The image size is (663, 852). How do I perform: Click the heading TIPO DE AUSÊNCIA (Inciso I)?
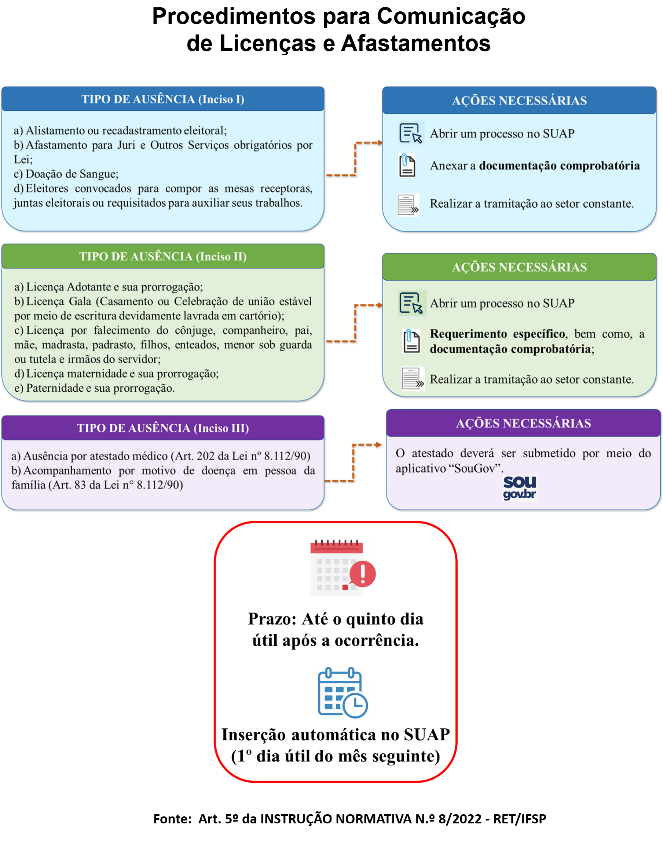[162, 99]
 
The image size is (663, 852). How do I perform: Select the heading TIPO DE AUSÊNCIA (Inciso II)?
[162, 256]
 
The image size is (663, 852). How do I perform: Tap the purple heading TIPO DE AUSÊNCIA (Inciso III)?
[162, 428]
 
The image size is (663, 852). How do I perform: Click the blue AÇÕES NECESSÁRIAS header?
[519, 100]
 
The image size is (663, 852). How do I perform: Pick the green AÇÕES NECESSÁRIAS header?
[519, 267]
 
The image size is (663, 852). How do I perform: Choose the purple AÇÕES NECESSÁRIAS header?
[523, 423]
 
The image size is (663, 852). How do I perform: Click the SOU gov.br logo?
[520, 488]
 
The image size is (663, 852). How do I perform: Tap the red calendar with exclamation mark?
[343, 567]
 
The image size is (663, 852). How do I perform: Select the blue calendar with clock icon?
[343, 692]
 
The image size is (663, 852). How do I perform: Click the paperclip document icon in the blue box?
[407, 165]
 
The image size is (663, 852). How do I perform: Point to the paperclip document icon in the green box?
[411, 341]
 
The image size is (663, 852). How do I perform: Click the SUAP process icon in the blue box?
[411, 133]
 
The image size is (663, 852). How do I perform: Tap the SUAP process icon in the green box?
[411, 303]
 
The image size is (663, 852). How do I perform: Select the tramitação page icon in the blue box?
[408, 205]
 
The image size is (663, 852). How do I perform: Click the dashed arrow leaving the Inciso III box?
[354, 462]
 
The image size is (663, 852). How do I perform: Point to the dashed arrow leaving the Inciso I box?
[355, 159]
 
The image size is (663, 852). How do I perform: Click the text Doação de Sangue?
[72, 174]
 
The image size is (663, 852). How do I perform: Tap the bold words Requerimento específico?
[497, 334]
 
